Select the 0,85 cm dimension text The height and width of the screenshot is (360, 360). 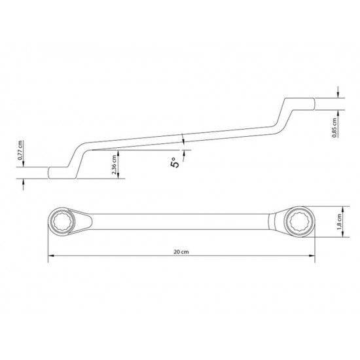[334, 128]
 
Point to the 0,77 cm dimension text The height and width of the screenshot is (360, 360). [21, 151]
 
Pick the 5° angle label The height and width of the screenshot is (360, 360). [174, 162]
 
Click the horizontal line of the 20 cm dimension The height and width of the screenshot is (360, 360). [131, 256]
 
